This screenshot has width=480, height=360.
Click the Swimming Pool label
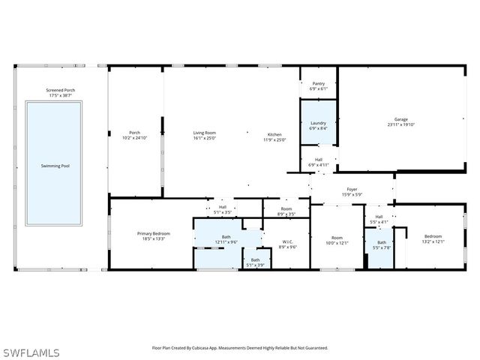(x=55, y=165)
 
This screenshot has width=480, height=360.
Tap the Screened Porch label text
(x=61, y=90)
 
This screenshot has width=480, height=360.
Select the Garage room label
(x=402, y=119)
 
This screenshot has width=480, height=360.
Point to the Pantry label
(x=319, y=83)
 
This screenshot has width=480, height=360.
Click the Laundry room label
(x=319, y=122)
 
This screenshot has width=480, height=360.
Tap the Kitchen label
(x=274, y=134)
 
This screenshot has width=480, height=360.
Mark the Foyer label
(x=352, y=190)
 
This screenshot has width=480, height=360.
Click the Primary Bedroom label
(x=154, y=233)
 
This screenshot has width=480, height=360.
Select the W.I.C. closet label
(x=288, y=241)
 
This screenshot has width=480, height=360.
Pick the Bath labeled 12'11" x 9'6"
(x=226, y=237)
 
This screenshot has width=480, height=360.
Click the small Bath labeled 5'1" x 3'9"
(x=256, y=259)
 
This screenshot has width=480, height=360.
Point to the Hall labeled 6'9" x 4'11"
(x=319, y=159)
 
